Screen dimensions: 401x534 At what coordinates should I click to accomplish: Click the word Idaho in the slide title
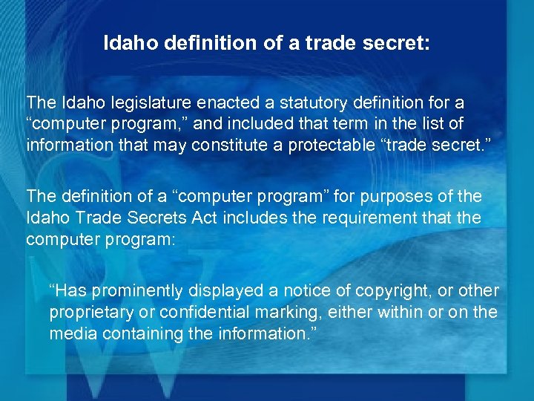tap(126, 44)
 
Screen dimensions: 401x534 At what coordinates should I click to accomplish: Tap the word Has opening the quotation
tap(65, 290)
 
